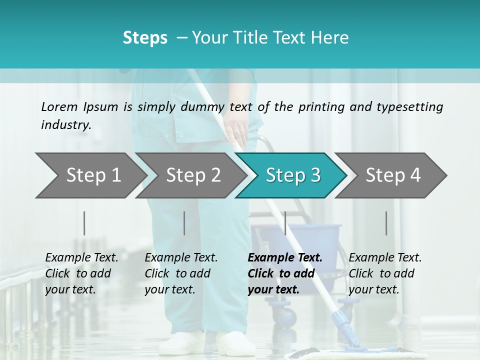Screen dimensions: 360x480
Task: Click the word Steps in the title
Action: pyautogui.click(x=145, y=37)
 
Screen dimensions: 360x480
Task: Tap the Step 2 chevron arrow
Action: pyautogui.click(x=190, y=175)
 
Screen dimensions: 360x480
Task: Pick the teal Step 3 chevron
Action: pyautogui.click(x=291, y=175)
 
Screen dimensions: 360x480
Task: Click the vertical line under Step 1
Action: pyautogui.click(x=84, y=223)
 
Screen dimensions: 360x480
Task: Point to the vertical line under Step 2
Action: pyautogui.click(x=184, y=223)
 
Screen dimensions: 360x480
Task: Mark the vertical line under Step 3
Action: pyautogui.click(x=285, y=223)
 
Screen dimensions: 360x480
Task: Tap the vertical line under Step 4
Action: pyautogui.click(x=386, y=223)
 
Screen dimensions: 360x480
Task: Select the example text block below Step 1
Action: pyautogui.click(x=81, y=273)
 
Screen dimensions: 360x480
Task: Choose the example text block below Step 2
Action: pyautogui.click(x=181, y=273)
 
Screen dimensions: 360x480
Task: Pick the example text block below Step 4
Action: pyautogui.click(x=385, y=273)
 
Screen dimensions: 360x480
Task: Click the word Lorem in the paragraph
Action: pyautogui.click(x=59, y=106)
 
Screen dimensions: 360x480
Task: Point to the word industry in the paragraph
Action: pyautogui.click(x=66, y=124)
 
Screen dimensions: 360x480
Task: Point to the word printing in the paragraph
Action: pyautogui.click(x=313, y=106)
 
